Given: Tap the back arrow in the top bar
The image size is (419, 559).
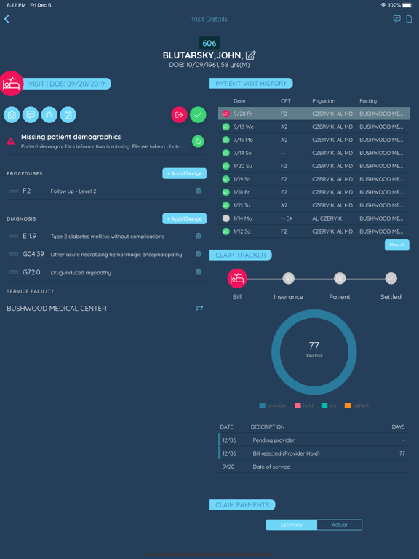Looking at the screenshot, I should point(7,19).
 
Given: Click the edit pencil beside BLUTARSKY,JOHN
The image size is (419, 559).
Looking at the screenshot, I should point(250,55).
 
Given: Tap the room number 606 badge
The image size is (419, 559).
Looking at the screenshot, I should point(209,43).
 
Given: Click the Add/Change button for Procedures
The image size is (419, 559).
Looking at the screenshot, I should point(184,173).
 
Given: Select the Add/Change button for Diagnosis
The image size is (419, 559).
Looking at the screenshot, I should point(184,218).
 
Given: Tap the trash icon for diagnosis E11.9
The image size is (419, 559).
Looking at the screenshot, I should point(198,236).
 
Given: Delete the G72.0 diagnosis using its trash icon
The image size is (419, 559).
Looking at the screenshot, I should point(198,272).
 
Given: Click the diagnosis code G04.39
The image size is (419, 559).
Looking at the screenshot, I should point(33,254).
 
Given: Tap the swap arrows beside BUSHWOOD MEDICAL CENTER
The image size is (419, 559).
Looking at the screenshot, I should point(199,309).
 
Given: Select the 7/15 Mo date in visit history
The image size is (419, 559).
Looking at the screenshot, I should point(244,140).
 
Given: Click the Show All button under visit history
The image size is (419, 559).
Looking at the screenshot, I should point(396,245).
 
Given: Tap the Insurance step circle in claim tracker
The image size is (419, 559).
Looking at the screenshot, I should point(288,278).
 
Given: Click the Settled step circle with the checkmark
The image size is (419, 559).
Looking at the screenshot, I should point(391,278).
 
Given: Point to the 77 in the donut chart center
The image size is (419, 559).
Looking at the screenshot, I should point(314,346).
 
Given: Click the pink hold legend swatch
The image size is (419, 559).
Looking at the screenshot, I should point(298,405).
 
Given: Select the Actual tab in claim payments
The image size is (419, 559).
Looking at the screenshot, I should point(339,525).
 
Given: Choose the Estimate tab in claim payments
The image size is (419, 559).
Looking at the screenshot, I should point(292,525).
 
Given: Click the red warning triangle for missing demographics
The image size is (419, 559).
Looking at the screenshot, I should point(11,141).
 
